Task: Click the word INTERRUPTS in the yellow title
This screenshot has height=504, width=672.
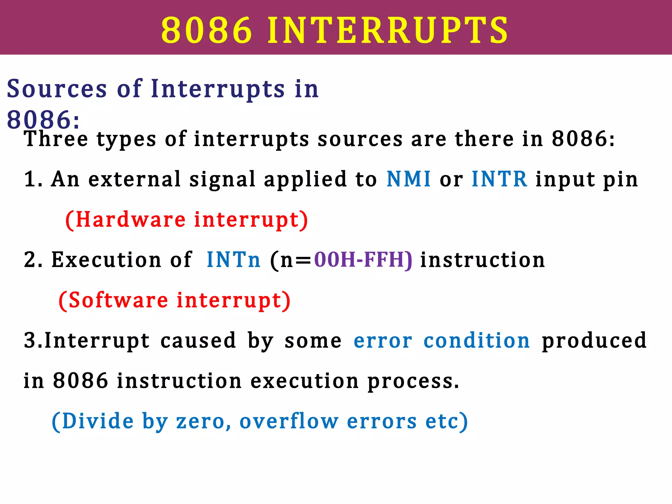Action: [x=388, y=30]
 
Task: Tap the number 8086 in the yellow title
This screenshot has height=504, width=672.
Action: [x=206, y=30]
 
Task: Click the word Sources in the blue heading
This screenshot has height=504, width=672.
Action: [x=57, y=89]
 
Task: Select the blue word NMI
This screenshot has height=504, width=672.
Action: [x=408, y=179]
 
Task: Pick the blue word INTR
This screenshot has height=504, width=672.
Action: [x=499, y=179]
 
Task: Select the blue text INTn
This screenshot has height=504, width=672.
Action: [x=233, y=260]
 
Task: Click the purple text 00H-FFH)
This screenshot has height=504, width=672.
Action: [x=363, y=260]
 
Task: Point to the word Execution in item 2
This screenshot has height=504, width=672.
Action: [x=106, y=260]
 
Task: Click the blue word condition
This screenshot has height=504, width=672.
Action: [x=476, y=341]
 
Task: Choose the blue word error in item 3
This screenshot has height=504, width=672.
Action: [x=383, y=341]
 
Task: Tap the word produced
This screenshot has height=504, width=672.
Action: [x=594, y=341]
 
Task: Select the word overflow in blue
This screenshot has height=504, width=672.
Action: [x=289, y=421]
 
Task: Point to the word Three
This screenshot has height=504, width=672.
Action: [x=56, y=139]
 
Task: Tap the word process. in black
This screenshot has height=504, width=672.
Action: [x=413, y=382]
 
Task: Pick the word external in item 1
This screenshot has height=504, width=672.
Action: [x=135, y=179]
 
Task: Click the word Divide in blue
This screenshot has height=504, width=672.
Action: [x=97, y=421]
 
